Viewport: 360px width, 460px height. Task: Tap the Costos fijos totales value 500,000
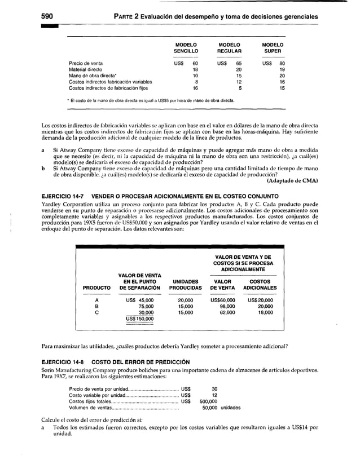(209, 401)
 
